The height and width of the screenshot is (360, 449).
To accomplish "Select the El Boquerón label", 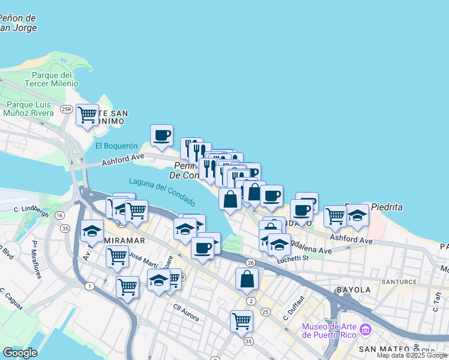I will [x=116, y=146].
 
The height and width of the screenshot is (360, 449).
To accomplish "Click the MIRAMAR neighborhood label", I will [x=125, y=241].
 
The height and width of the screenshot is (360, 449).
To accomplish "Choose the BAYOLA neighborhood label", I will [x=354, y=290].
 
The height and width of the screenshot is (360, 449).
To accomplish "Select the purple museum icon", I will [x=365, y=329].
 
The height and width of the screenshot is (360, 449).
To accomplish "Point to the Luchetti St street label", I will [x=292, y=258].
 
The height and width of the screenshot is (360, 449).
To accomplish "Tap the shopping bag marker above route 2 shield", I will [x=247, y=278].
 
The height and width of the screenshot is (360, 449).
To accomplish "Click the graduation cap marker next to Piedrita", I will [x=357, y=215].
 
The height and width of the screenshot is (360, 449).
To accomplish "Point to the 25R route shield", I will [x=67, y=109].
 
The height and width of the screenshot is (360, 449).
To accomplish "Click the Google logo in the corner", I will [x=20, y=353].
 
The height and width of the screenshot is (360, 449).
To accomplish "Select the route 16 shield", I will [x=59, y=215].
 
